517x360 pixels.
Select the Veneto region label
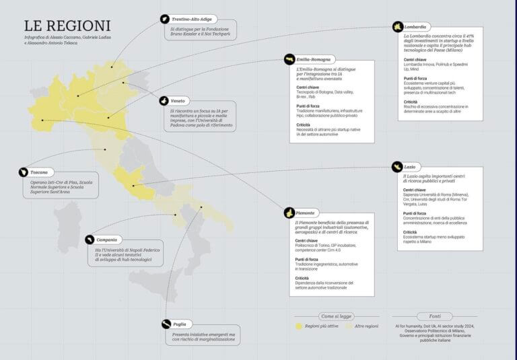(x=177, y=100)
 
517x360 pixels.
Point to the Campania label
(x=106, y=240)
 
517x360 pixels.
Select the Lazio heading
(x=409, y=166)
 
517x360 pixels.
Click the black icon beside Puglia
(x=166, y=324)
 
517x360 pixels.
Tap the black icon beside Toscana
(x=24, y=172)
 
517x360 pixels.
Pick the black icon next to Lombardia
(x=399, y=27)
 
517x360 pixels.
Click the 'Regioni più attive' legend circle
(x=299, y=326)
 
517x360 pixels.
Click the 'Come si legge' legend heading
(x=336, y=315)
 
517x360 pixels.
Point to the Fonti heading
(x=436, y=315)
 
